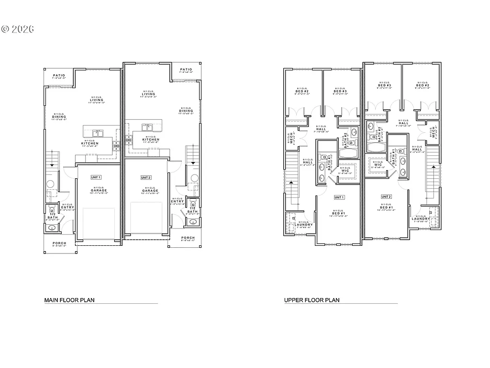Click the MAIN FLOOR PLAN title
69,300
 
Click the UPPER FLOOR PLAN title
312,300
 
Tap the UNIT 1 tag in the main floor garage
96,177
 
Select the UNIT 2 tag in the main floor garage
146,177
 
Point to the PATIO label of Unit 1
59,76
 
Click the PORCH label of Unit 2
188,238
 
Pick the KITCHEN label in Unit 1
90,143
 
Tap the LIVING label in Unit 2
148,94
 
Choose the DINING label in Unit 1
59,117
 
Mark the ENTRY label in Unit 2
177,201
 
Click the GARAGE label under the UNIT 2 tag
150,191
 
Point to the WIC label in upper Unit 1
345,170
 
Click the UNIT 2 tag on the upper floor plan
386,196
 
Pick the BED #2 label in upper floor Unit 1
302,91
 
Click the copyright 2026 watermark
18,29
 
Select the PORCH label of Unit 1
59,243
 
